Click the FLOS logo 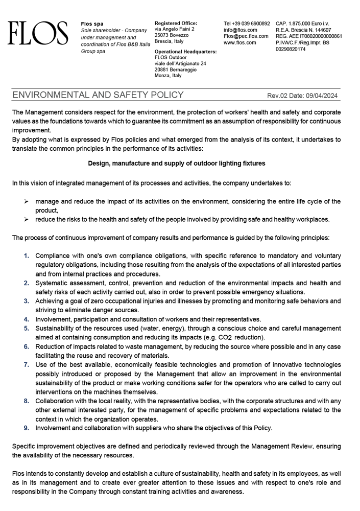point(37,34)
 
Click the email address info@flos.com point(240,30)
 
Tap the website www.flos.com point(239,43)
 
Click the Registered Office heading point(176,24)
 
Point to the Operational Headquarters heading point(185,52)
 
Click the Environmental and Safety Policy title point(98,95)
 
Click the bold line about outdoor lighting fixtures point(176,164)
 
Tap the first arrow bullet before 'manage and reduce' point(26,202)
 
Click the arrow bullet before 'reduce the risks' point(26,220)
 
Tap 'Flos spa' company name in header point(92,24)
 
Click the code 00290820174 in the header point(291,50)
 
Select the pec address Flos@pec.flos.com point(246,36)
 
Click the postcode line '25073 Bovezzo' point(171,35)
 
